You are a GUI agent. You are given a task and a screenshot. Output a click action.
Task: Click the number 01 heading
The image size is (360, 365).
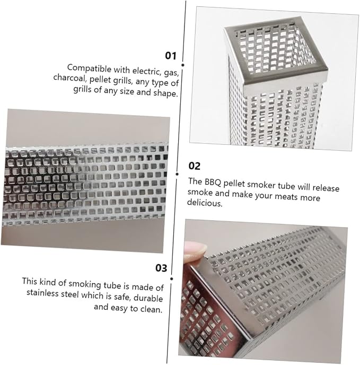click(171, 56)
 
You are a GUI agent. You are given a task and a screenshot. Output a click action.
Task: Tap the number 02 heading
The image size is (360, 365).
click(194, 166)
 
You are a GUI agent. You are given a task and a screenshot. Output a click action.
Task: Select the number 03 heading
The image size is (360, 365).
click(161, 268)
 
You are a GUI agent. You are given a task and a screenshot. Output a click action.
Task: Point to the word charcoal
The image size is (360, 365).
click(69, 77)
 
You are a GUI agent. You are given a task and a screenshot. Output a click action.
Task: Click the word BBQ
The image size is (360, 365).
click(213, 182)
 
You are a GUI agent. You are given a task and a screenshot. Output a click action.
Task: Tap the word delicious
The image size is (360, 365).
click(205, 203)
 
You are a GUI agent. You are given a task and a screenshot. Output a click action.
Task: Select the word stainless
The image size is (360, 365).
click(42, 293)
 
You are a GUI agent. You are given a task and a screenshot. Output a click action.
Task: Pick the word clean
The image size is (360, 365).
click(152, 309)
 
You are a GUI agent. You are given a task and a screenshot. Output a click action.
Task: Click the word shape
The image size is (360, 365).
click(165, 93)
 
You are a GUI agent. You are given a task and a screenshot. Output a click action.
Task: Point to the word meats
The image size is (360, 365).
click(286, 196)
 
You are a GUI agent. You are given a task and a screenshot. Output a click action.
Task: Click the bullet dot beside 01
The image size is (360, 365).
click(183, 65)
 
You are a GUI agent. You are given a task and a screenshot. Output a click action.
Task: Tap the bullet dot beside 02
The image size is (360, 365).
click(177, 174)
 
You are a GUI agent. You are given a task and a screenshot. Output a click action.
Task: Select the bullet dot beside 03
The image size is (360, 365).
click(171, 279)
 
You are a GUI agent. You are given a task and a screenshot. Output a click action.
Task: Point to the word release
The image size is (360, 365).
click(326, 188)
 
